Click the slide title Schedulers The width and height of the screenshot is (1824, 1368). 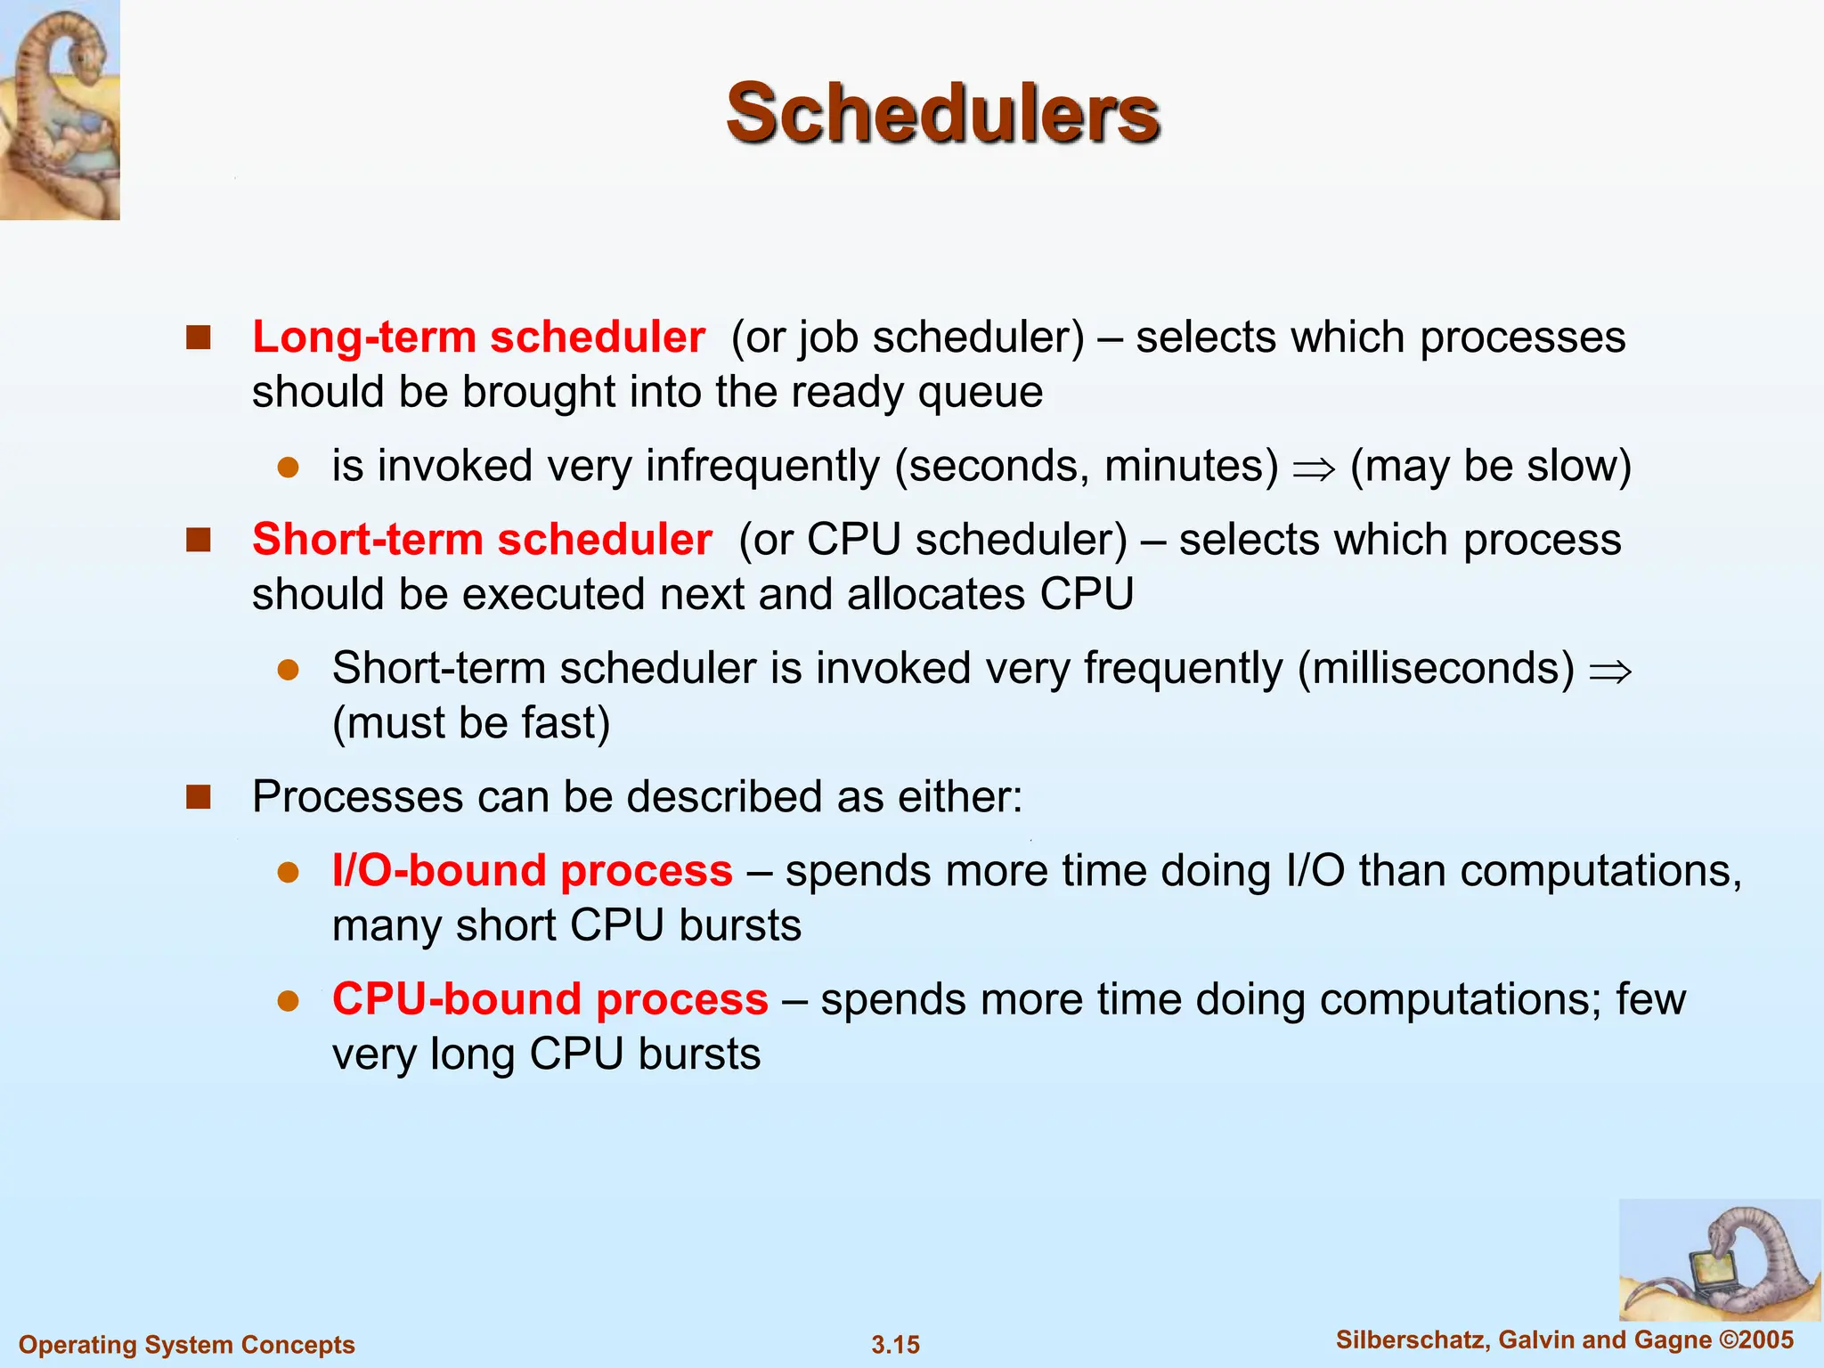942,113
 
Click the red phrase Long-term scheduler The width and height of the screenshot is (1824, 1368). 478,338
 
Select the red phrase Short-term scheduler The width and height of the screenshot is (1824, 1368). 482,540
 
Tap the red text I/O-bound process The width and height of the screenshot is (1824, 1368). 532,871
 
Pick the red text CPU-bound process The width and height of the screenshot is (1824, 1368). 550,999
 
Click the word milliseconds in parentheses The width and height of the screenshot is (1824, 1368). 1436,669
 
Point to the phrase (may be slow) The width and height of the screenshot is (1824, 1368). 1490,466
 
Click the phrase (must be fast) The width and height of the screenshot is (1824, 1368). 471,723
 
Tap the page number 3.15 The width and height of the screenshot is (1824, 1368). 895,1345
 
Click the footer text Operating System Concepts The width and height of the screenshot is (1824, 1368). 187,1345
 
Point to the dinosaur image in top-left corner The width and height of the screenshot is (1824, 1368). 60,109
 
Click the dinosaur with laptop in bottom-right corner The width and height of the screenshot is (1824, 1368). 1719,1260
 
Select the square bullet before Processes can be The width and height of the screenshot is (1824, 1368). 198,796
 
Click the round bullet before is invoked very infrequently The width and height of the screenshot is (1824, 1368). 288,468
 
